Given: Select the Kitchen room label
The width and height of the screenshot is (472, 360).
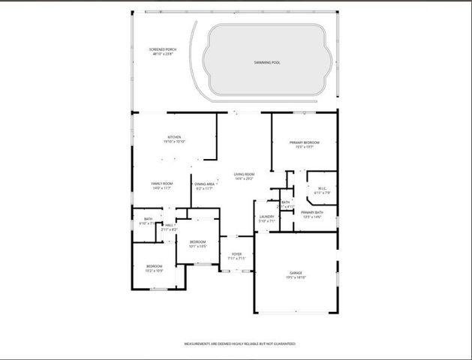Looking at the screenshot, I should [174, 137].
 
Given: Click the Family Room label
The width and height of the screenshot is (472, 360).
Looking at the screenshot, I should [162, 183].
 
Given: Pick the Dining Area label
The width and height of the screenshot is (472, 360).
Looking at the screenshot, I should [205, 184].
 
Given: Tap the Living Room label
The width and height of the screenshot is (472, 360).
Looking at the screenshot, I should [244, 174].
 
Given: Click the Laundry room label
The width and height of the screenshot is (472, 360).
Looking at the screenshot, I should [267, 217].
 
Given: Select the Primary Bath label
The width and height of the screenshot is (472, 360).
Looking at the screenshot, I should [312, 212].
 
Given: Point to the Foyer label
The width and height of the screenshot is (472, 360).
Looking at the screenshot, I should [236, 253].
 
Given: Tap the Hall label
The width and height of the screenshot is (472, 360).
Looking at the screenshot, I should [169, 224].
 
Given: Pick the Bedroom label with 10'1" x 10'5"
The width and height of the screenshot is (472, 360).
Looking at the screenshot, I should [197, 241].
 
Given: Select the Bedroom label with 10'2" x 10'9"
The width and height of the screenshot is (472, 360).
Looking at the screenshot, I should [154, 266].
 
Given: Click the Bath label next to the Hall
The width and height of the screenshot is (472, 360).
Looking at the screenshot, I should [148, 220].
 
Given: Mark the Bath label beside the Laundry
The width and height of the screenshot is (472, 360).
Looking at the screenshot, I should [286, 202].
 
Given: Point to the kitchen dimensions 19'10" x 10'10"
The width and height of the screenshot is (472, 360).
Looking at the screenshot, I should [174, 142].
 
